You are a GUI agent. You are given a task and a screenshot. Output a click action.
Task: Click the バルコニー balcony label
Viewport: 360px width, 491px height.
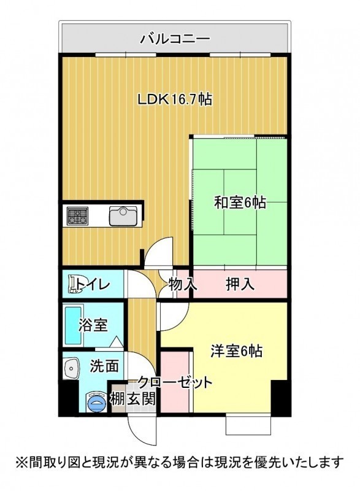(175, 39)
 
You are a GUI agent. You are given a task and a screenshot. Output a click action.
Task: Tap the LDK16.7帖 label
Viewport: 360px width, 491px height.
(175, 99)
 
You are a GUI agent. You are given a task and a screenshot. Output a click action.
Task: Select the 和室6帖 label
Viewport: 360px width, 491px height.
(240, 203)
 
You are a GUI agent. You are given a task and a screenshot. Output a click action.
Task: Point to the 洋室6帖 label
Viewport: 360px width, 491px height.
(237, 351)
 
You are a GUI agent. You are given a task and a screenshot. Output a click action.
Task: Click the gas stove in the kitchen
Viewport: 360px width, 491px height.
(77, 216)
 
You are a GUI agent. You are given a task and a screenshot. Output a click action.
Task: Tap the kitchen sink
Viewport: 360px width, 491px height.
(123, 216)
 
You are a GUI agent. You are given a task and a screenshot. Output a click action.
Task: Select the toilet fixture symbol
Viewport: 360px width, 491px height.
(75, 284)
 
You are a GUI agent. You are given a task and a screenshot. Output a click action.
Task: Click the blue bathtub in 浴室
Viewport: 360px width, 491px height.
(72, 325)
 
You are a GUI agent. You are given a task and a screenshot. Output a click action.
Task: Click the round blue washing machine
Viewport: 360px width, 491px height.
(96, 401)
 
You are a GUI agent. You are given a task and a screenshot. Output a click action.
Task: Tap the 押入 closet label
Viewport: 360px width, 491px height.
(240, 284)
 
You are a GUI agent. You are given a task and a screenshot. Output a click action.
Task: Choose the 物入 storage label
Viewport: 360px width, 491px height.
(183, 284)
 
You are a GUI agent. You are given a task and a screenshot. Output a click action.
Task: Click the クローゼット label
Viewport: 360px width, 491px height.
(175, 382)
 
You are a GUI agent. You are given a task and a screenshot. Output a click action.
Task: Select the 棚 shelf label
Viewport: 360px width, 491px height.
(117, 399)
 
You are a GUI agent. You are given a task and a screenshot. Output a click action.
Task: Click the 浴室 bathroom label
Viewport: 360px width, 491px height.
(93, 325)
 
